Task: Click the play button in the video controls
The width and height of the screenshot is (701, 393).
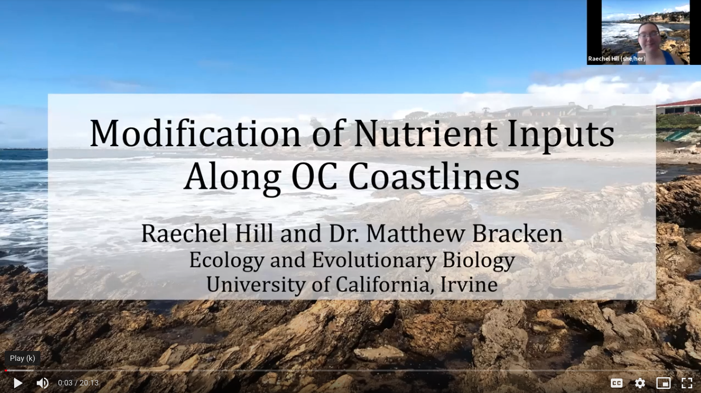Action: coord(18,383)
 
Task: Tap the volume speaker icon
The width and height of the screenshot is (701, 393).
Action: coord(42,383)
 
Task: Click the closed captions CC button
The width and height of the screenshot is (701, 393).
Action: coord(617,383)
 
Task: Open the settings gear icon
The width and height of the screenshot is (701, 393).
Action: coord(640,383)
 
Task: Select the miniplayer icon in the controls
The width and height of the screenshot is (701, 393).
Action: coord(664,383)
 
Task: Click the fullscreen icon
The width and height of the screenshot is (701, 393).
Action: coord(687,383)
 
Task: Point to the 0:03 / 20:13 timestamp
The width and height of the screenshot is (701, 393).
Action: coord(78,383)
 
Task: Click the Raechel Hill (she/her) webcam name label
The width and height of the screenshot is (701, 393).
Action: coord(617,58)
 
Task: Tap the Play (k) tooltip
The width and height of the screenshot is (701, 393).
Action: coord(22,358)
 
